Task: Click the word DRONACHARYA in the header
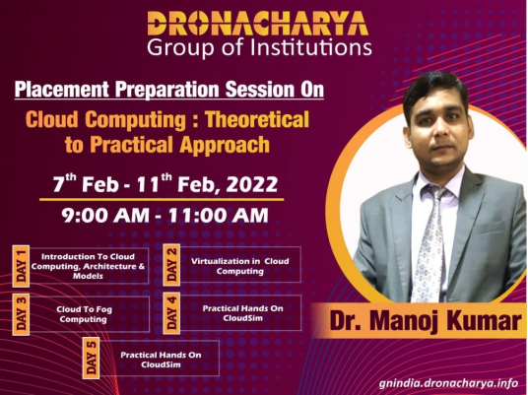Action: (258, 24)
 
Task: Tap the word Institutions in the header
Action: (311, 47)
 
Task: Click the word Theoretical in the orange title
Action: (257, 119)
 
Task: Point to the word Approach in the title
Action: (225, 145)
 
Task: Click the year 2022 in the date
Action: (252, 184)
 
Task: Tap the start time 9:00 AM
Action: (105, 215)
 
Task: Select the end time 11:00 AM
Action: (219, 215)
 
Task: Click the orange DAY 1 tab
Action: (21, 266)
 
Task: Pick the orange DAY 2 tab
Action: (171, 265)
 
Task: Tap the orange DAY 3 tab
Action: (21, 314)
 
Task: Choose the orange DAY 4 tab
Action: (171, 313)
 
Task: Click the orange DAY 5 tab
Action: (91, 358)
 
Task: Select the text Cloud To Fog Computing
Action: (84, 314)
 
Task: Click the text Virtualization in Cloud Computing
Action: (240, 266)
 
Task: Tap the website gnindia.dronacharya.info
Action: (448, 383)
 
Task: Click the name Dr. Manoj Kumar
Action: (426, 320)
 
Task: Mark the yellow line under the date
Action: (162, 200)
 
